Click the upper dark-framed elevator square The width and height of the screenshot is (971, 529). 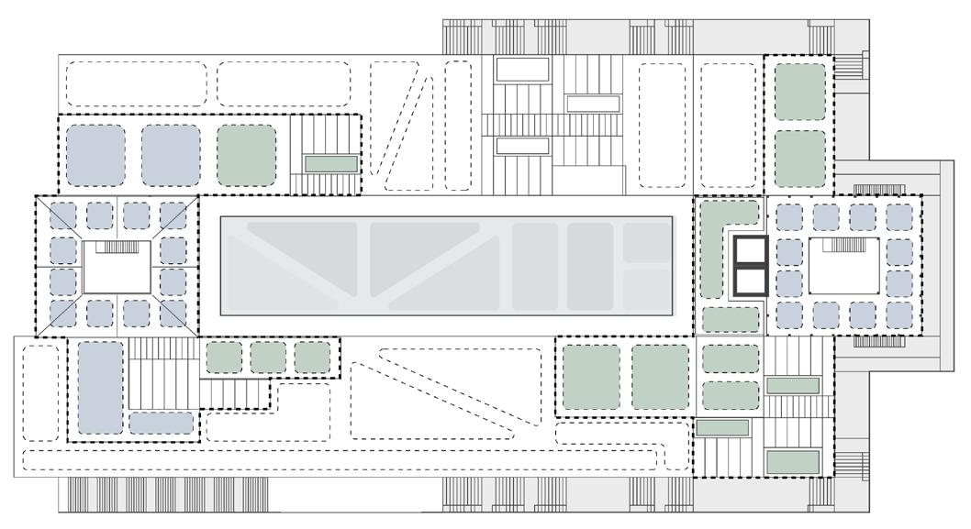click(x=749, y=250)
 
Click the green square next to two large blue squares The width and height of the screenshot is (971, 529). click(x=247, y=153)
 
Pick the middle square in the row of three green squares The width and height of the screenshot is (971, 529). click(x=268, y=357)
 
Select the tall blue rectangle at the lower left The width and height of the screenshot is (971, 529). click(x=99, y=386)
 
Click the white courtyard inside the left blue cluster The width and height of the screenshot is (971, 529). click(x=117, y=268)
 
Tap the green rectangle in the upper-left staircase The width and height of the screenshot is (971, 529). click(x=330, y=163)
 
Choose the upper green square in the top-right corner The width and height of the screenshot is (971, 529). click(x=800, y=90)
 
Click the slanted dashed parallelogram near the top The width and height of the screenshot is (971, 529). click(x=402, y=127)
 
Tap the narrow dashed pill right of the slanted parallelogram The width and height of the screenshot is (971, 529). click(x=456, y=125)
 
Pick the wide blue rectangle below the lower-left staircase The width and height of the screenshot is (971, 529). click(x=161, y=423)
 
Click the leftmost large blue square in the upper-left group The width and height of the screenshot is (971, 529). click(x=95, y=153)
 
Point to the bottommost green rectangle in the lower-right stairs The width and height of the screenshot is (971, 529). click(x=792, y=460)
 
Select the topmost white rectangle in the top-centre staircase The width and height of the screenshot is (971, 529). click(x=522, y=69)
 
